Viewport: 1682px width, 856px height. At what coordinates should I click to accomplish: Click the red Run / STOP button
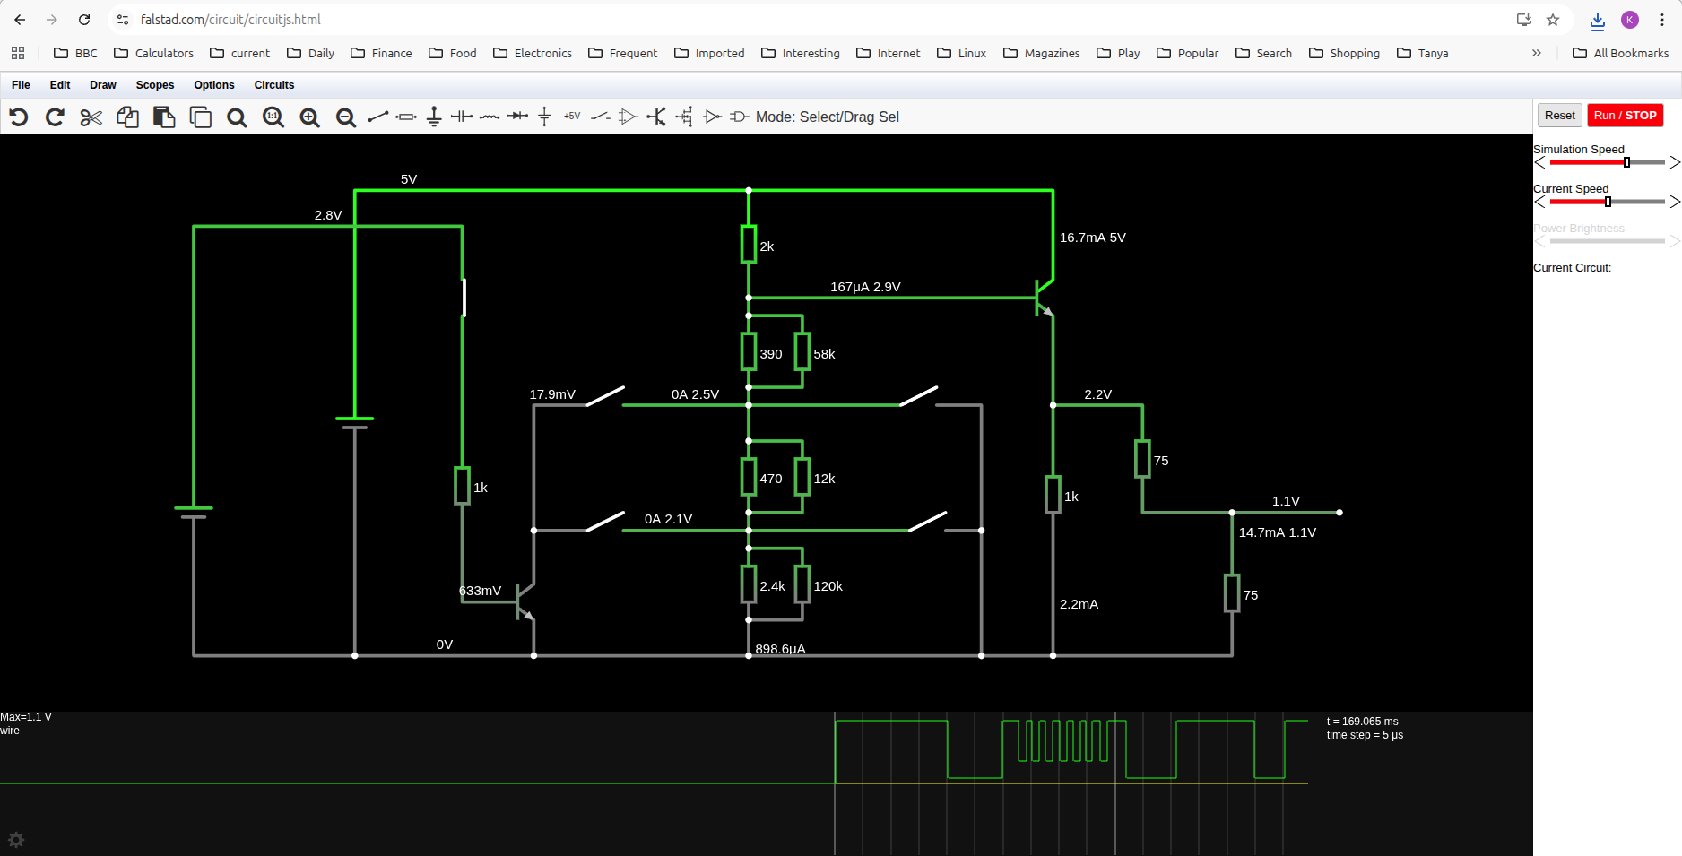point(1625,116)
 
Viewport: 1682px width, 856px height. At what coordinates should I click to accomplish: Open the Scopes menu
point(154,85)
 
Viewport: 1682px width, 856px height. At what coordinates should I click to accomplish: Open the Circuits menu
point(273,85)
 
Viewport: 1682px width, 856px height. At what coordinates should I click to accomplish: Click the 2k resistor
point(749,244)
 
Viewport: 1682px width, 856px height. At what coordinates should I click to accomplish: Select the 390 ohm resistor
point(749,351)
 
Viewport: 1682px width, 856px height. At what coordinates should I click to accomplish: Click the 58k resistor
point(802,351)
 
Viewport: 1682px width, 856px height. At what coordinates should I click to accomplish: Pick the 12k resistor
point(802,477)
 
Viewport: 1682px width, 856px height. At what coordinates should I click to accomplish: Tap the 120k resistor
point(802,584)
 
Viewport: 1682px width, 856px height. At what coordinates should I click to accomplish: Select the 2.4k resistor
point(749,584)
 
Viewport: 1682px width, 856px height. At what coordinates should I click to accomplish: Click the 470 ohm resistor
point(749,477)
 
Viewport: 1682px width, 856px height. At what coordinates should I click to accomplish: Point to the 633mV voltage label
point(480,591)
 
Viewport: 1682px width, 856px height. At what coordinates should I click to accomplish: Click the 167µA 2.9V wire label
point(865,287)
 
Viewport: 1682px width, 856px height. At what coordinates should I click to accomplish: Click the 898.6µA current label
point(780,649)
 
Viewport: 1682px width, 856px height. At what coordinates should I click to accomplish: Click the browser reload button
point(84,20)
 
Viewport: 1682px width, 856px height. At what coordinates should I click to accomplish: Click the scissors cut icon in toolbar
point(91,117)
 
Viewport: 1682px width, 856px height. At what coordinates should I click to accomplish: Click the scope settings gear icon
point(16,840)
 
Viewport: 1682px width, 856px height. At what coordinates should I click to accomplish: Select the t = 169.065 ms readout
point(1362,722)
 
